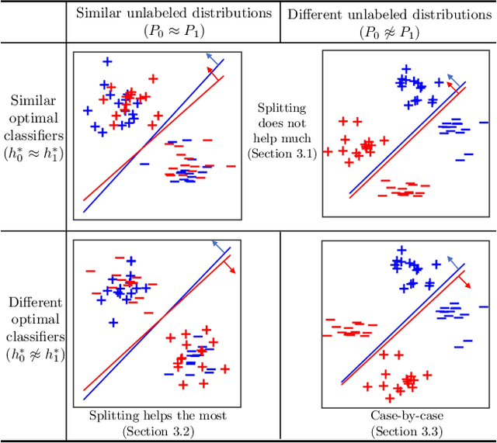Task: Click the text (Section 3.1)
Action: click(x=280, y=154)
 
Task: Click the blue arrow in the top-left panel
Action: click(x=213, y=57)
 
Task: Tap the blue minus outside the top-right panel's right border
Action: click(x=485, y=122)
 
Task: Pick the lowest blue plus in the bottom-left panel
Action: click(x=113, y=322)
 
